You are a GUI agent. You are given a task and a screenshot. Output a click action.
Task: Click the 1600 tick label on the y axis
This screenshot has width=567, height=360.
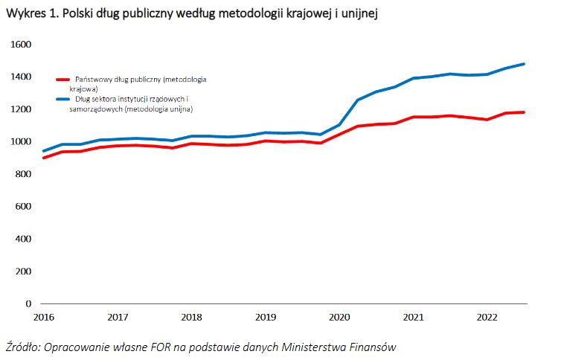(x=21, y=45)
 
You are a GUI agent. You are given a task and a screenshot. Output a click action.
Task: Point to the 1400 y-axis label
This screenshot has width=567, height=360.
(x=21, y=77)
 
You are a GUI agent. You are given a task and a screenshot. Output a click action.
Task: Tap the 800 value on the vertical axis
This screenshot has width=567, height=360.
(x=23, y=174)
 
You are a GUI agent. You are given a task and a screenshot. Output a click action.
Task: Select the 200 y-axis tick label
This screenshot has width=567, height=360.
(x=23, y=271)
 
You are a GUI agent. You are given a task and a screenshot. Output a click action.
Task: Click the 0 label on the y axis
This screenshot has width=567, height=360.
(x=28, y=303)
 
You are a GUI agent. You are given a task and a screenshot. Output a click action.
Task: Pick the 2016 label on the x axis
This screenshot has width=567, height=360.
(x=43, y=317)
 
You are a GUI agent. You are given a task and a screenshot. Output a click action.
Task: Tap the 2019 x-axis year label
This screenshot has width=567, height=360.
(x=266, y=317)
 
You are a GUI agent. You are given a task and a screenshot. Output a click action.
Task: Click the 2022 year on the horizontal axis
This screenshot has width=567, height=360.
(x=487, y=317)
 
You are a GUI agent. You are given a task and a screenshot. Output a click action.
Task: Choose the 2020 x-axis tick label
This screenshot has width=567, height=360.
(x=339, y=317)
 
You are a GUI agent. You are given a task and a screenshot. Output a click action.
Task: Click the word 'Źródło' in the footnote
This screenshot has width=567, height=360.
(x=25, y=347)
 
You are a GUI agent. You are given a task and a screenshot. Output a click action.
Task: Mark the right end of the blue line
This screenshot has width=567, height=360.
(x=525, y=64)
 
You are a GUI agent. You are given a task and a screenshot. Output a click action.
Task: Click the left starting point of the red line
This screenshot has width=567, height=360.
(x=44, y=158)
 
